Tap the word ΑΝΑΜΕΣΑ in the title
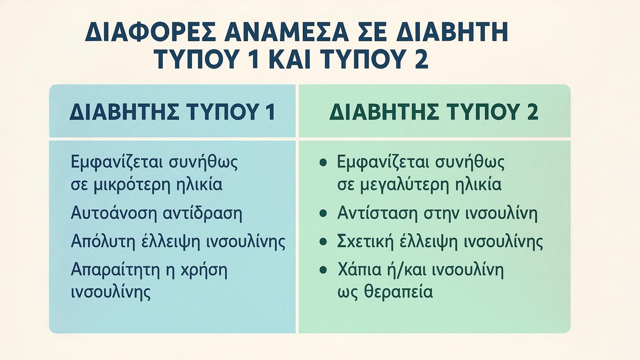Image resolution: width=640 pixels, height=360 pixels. (286, 32)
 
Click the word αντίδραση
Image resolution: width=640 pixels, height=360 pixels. (202, 213)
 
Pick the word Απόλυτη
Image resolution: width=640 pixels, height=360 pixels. (103, 242)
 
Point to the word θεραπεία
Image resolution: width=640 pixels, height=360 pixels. (398, 292)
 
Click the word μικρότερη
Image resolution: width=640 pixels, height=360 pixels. (132, 184)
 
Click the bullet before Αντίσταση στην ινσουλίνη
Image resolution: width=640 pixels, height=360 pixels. (323, 213)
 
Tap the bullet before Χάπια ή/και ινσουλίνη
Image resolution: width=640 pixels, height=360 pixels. (323, 270)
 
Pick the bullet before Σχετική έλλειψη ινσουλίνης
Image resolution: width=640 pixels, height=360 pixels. (323, 242)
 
